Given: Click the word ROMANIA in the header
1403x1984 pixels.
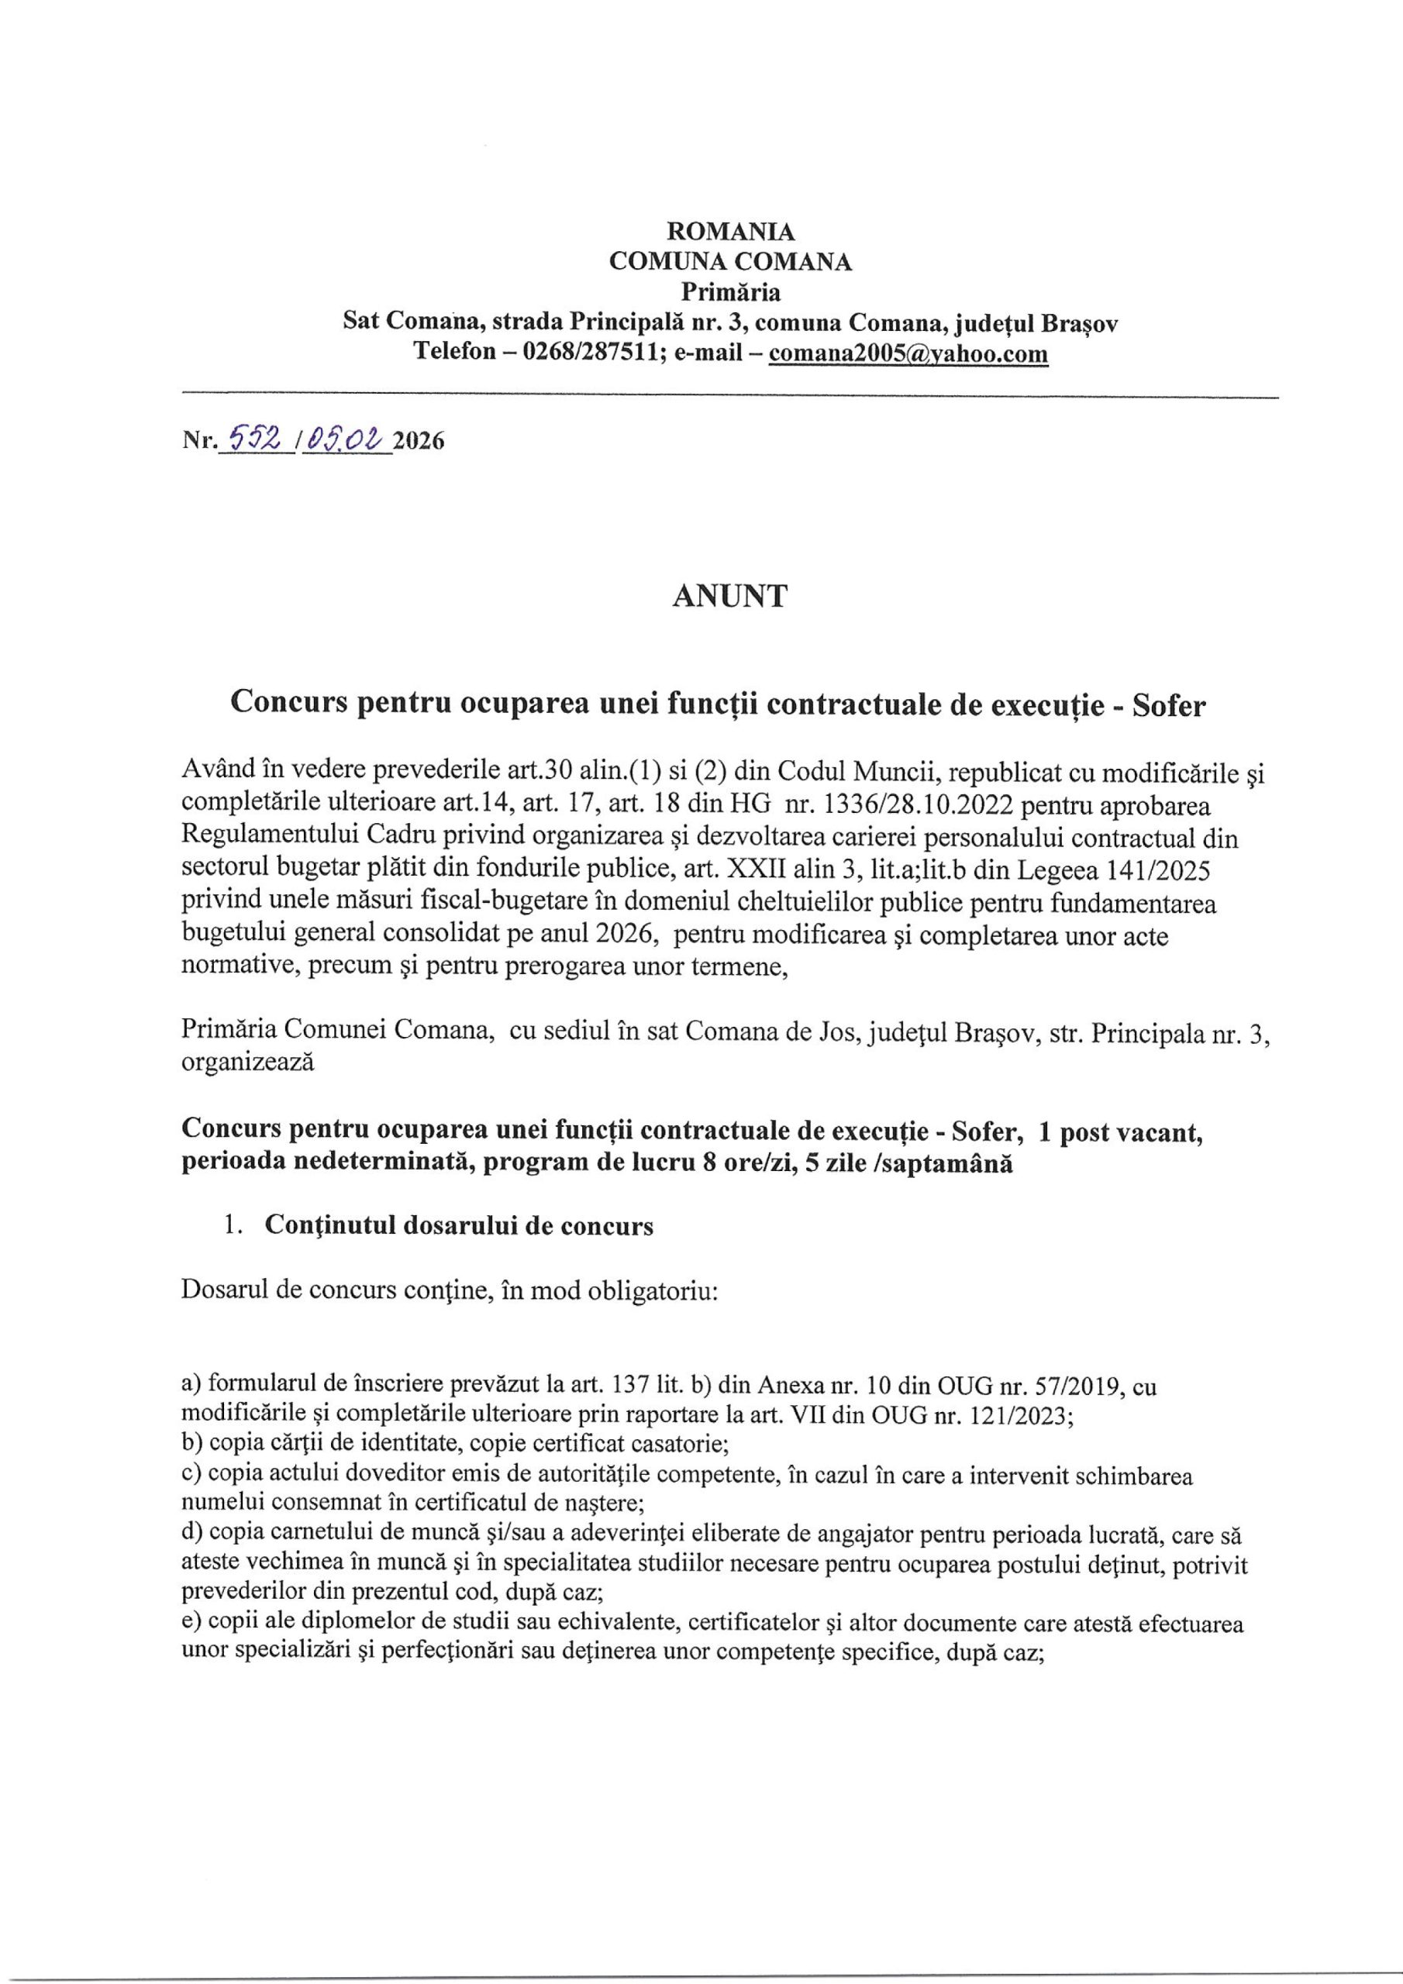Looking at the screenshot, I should pyautogui.click(x=730, y=232).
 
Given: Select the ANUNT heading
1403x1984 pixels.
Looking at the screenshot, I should pyautogui.click(x=730, y=596).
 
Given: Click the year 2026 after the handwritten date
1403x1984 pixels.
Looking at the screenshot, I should pyautogui.click(x=419, y=442).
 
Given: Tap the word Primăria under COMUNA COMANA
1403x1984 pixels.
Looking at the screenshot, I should pyautogui.click(x=730, y=292).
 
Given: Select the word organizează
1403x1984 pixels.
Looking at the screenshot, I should pyautogui.click(x=247, y=1061).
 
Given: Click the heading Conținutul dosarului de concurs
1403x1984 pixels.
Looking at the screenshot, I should pyautogui.click(x=458, y=1225).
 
